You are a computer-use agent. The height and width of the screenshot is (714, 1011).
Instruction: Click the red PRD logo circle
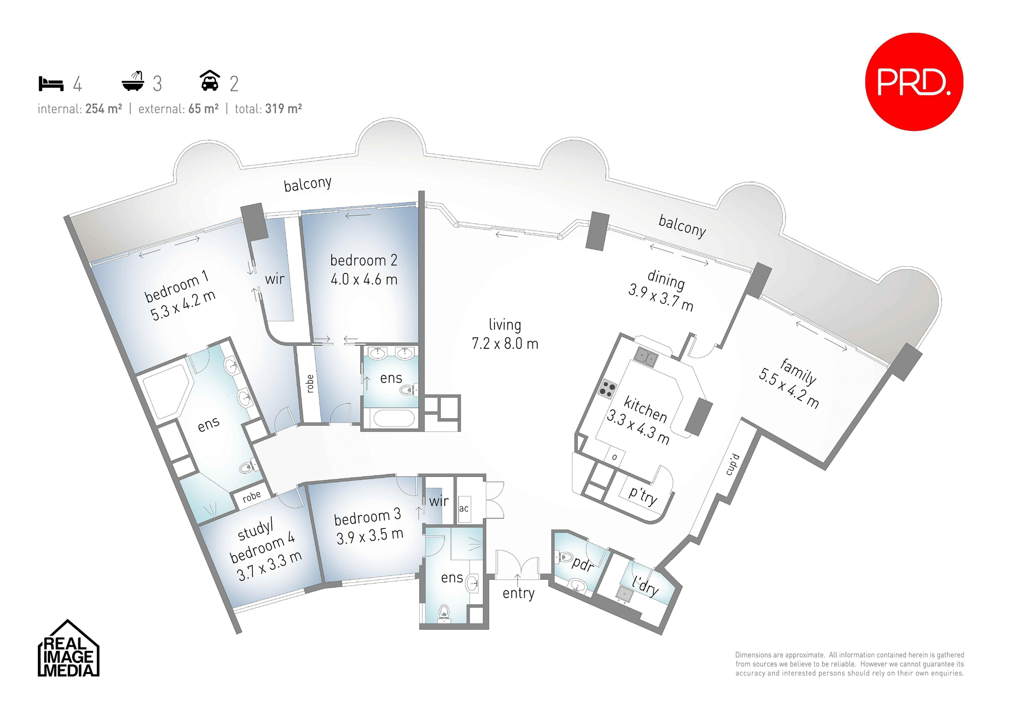(914, 82)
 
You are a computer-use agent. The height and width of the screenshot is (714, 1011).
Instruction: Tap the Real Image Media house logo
(68, 650)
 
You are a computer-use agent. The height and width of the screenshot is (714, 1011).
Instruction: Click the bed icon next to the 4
(51, 84)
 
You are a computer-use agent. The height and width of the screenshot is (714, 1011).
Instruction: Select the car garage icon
(210, 81)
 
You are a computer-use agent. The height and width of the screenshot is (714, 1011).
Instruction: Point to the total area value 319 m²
(283, 109)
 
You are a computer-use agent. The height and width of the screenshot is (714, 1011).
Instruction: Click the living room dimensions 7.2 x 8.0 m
(504, 344)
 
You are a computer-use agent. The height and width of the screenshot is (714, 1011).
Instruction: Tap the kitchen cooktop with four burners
(607, 389)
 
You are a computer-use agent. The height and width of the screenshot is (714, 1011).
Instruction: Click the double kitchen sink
(646, 357)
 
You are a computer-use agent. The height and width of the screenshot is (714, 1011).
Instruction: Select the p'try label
(643, 495)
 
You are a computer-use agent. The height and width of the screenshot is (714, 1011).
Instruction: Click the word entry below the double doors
(518, 594)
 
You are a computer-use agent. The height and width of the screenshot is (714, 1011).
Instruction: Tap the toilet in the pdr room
(566, 557)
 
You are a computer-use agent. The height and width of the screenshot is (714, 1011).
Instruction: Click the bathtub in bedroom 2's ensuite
(393, 419)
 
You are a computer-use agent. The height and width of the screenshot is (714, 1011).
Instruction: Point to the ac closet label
(463, 508)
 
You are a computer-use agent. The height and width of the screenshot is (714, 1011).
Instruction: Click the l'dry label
(646, 586)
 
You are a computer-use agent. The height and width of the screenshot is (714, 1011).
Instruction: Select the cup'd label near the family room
(732, 465)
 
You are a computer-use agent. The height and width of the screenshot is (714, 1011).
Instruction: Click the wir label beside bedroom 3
(439, 501)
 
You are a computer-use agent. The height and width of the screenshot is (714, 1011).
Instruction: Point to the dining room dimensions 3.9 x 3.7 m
(660, 298)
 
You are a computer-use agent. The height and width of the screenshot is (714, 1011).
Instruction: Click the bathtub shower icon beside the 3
(133, 82)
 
